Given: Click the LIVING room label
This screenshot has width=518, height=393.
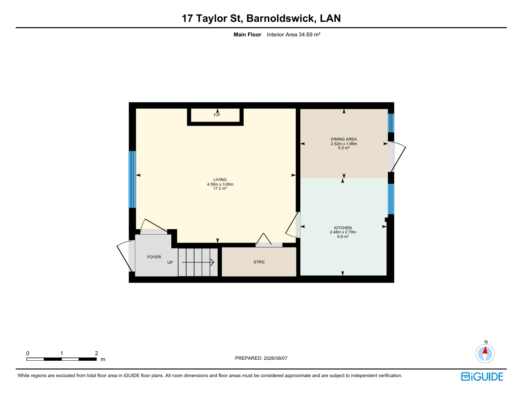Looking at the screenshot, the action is coord(220,180).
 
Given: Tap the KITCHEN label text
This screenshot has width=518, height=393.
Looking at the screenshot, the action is coord(343,228).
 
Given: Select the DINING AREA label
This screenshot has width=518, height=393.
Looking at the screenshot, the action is coord(344,139).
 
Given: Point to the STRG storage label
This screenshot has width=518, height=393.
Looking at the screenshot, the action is coord(259,262).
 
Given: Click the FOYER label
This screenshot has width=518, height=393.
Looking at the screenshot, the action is coord(154,257).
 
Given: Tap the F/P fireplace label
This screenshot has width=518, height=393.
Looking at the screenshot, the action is coord(217,115).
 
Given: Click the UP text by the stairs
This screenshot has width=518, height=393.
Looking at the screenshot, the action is coord(170,262).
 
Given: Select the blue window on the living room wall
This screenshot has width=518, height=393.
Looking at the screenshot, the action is coord(132,179).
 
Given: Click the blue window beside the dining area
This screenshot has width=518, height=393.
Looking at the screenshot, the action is coord(391,123).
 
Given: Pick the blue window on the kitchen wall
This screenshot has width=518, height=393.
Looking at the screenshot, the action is coord(391,199).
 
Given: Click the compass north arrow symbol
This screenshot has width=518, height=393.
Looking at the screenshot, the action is coord(485,353).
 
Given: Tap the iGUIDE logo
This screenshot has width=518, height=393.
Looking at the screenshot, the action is coord(482,377).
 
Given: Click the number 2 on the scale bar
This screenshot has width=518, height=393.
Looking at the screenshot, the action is coord(97,353).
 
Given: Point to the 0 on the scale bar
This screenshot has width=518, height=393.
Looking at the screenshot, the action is coord(28,353).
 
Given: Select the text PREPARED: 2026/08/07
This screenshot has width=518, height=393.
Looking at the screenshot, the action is coord(262,358).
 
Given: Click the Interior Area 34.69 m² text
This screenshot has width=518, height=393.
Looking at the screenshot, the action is coord(294,35).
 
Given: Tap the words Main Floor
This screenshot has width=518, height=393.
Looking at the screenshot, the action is coord(247,35).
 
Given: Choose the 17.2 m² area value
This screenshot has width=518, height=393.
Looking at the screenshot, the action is coord(220,188).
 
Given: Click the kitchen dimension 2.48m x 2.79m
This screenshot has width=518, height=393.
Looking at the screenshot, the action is coord(343,232).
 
